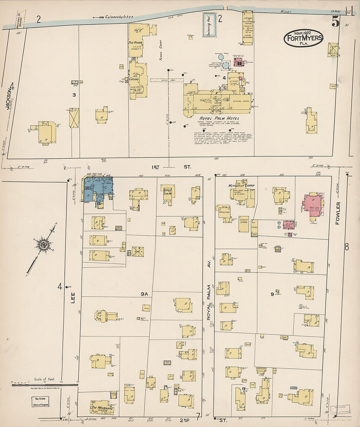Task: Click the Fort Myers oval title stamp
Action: point(303,38)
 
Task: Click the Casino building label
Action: point(134,79)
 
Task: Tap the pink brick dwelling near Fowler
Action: point(313,205)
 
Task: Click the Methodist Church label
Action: point(242,186)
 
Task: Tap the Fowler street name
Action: point(338,213)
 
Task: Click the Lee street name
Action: point(73,297)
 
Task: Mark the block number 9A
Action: point(144,294)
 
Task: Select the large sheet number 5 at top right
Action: point(335,22)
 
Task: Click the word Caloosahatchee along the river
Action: point(119,17)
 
